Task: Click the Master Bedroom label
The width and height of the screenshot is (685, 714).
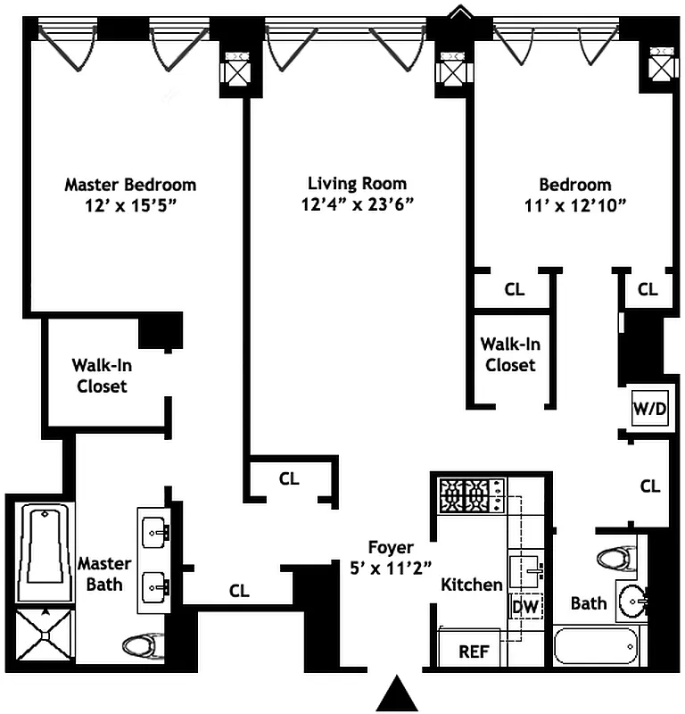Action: point(130,185)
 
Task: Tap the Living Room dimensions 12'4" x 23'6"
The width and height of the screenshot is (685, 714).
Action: point(357,204)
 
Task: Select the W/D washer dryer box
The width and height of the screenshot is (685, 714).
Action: point(648,409)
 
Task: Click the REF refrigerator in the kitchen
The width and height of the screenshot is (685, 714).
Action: point(473,652)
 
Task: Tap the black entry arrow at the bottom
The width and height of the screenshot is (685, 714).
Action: point(396,693)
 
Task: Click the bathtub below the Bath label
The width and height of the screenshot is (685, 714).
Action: point(596,645)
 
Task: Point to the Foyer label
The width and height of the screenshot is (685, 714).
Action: point(391,547)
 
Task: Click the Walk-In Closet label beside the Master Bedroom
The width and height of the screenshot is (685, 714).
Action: point(100,375)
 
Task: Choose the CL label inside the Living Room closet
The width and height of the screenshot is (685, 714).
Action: point(289,478)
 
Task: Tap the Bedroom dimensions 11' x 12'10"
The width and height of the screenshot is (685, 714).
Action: point(575,204)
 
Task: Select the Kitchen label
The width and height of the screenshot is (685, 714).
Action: point(472,585)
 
